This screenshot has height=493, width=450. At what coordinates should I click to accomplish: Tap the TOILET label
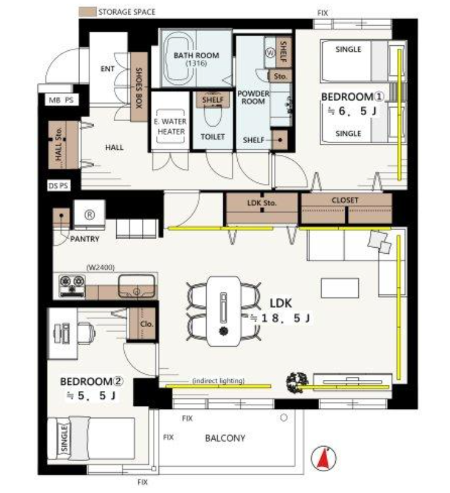click(213, 137)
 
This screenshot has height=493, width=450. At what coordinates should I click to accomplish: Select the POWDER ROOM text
click(253, 97)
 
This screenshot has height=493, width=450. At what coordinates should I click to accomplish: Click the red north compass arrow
click(323, 458)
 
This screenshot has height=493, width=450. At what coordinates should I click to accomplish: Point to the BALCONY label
click(225, 438)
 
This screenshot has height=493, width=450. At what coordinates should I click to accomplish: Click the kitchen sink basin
click(137, 286)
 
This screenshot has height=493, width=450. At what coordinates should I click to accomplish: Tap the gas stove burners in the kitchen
click(72, 286)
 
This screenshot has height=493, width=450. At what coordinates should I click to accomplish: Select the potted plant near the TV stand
click(297, 382)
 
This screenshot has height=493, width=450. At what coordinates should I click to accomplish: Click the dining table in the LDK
click(224, 311)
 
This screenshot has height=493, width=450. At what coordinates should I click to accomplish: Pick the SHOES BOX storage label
click(139, 88)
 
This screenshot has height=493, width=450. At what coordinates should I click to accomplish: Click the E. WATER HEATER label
click(171, 127)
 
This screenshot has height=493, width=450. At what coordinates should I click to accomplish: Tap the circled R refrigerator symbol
click(89, 215)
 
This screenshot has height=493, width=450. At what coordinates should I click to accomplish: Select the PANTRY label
click(84, 239)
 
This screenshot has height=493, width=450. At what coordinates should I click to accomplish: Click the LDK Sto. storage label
click(262, 203)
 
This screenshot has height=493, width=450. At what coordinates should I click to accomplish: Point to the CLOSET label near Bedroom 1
click(345, 200)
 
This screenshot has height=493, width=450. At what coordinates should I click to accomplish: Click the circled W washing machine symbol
click(270, 53)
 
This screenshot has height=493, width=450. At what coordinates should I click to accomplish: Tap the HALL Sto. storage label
click(59, 144)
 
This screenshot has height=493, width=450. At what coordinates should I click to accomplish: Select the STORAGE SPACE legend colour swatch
click(87, 12)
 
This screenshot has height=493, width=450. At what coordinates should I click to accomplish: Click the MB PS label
click(61, 100)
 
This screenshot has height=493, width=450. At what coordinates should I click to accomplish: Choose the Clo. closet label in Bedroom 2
click(147, 324)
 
